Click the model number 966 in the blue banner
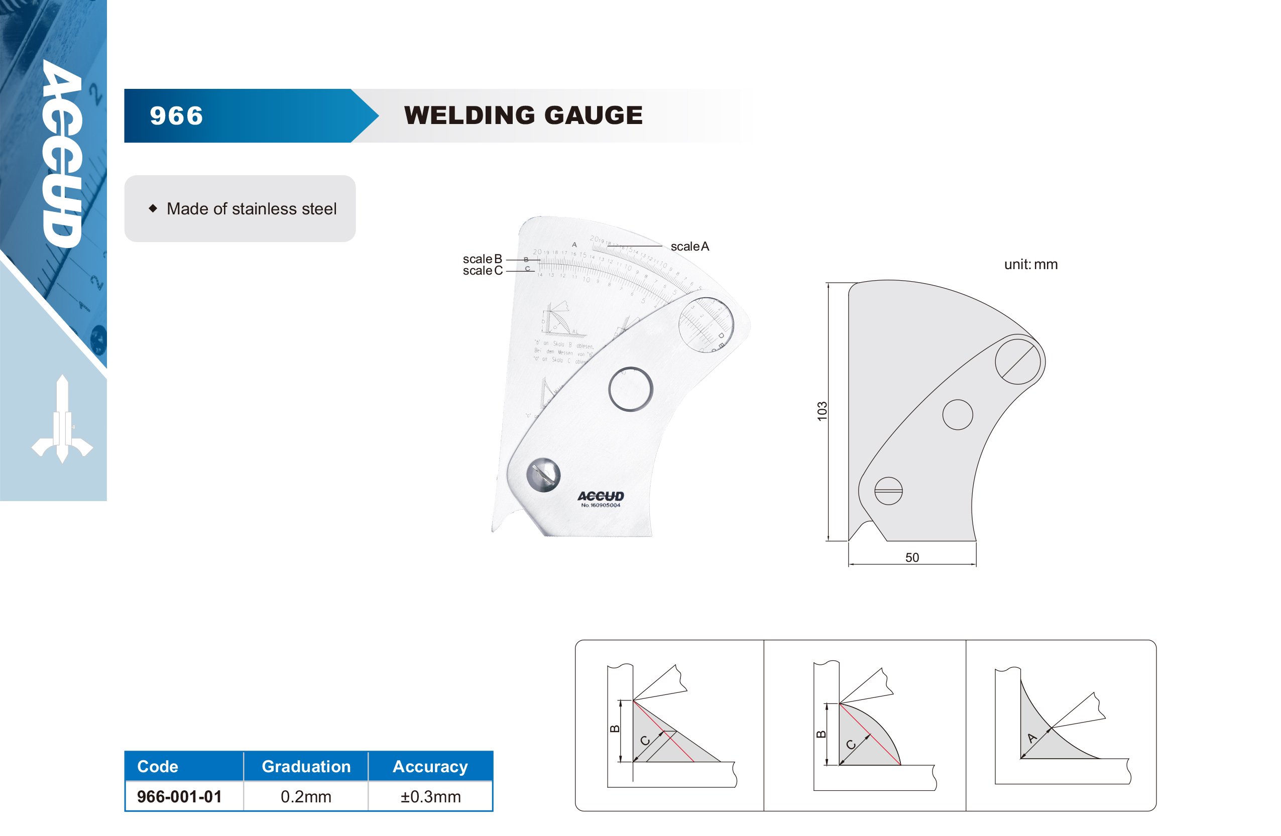(177, 116)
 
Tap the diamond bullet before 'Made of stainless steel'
(153, 208)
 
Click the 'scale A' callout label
(689, 247)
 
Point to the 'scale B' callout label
(482, 259)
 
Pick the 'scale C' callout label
(482, 271)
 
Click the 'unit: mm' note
(1030, 264)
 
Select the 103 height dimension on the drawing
(822, 411)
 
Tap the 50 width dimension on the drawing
(912, 558)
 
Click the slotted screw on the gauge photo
(543, 475)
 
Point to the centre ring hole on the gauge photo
(630, 389)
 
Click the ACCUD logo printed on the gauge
(601, 496)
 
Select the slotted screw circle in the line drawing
(888, 491)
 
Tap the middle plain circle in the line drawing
(958, 415)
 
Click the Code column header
(158, 766)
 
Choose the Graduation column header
(306, 766)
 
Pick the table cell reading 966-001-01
(179, 797)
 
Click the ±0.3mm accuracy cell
(430, 797)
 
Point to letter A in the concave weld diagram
(1031, 738)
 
